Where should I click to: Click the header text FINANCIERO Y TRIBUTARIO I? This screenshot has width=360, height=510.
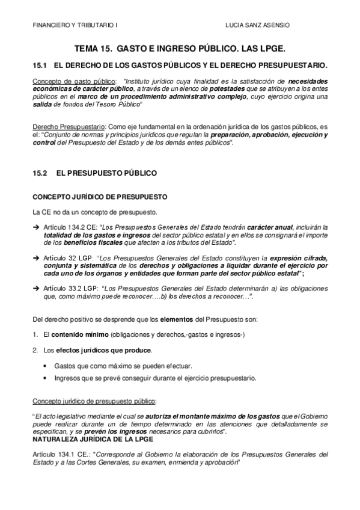click(x=67, y=26)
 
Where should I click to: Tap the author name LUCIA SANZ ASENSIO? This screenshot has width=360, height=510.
click(x=256, y=26)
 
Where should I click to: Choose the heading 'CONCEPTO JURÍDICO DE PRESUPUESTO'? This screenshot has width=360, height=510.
click(x=96, y=197)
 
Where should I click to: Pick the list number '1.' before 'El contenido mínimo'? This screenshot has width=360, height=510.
click(x=35, y=334)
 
